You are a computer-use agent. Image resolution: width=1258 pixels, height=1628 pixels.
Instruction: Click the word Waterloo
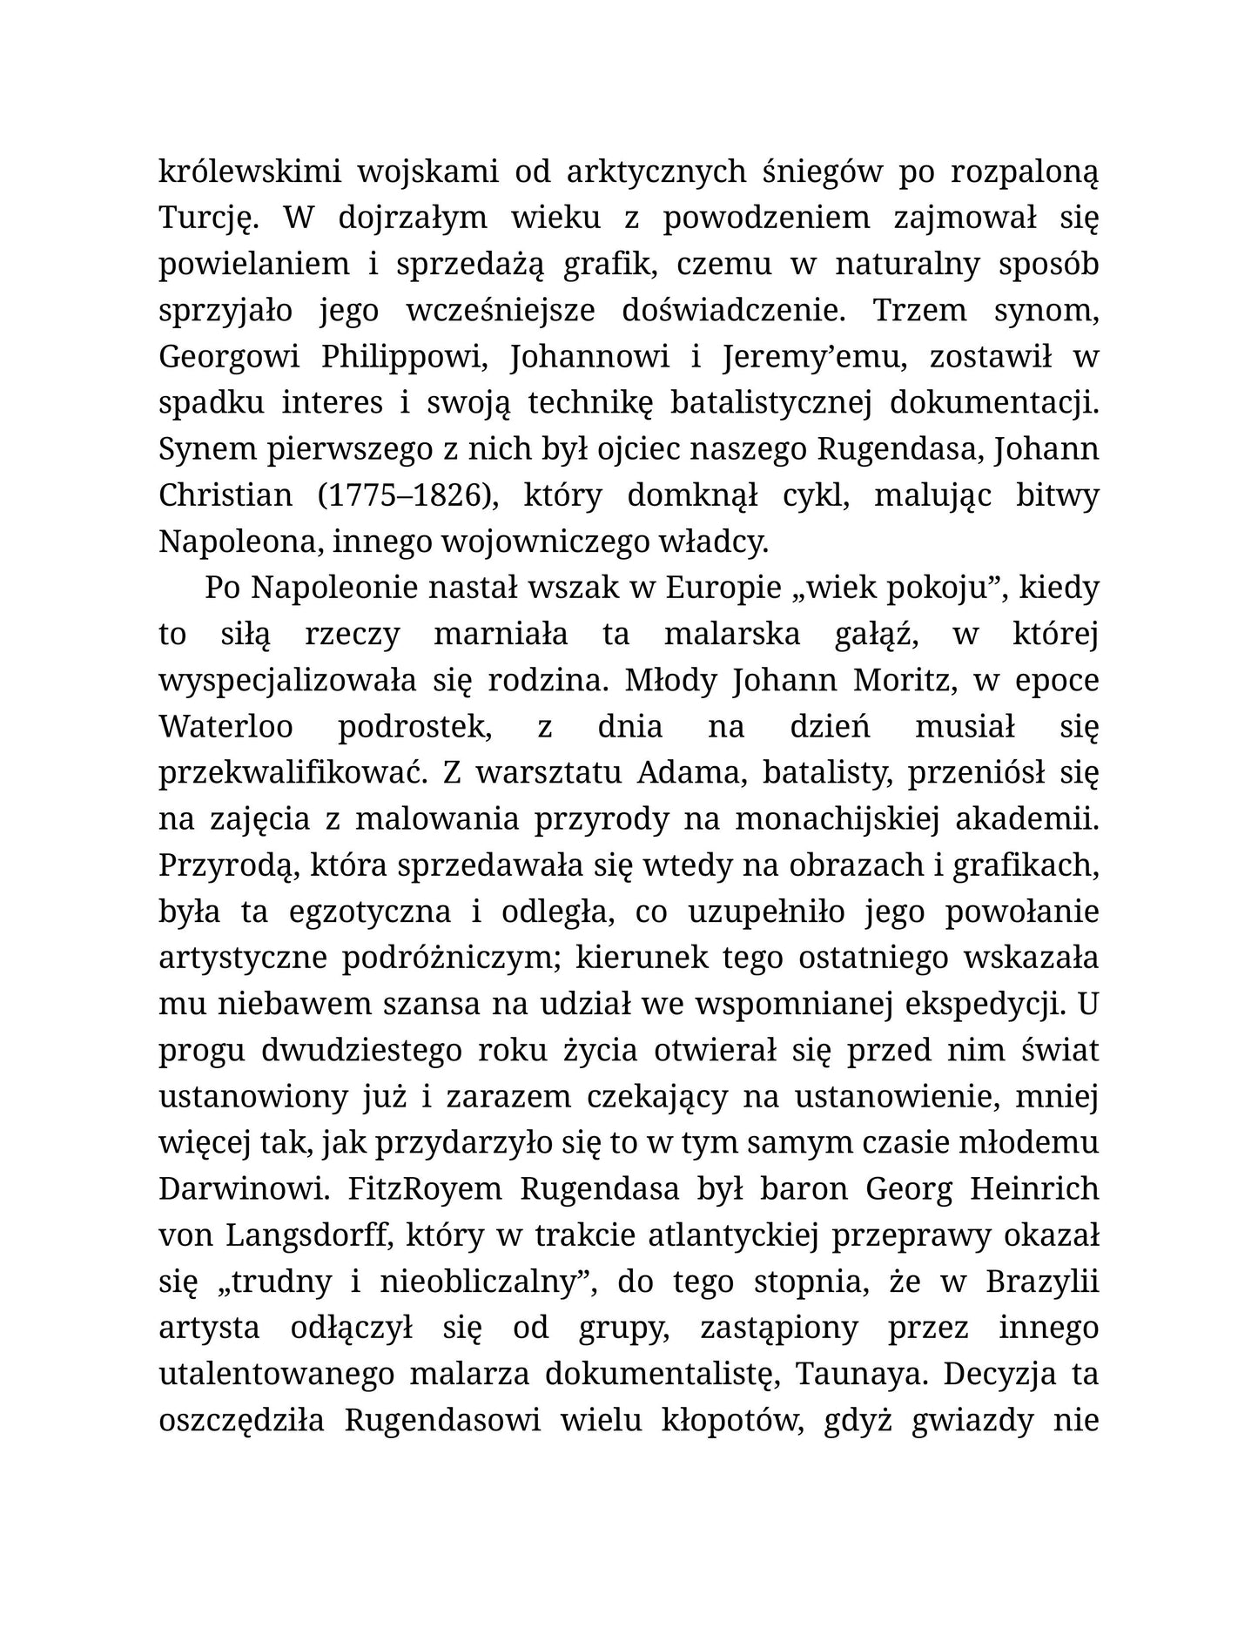coord(226,727)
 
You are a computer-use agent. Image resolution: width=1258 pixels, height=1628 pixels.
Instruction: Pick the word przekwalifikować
coord(291,773)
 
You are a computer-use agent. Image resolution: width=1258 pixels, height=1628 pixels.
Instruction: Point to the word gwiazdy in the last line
coord(972,1420)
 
